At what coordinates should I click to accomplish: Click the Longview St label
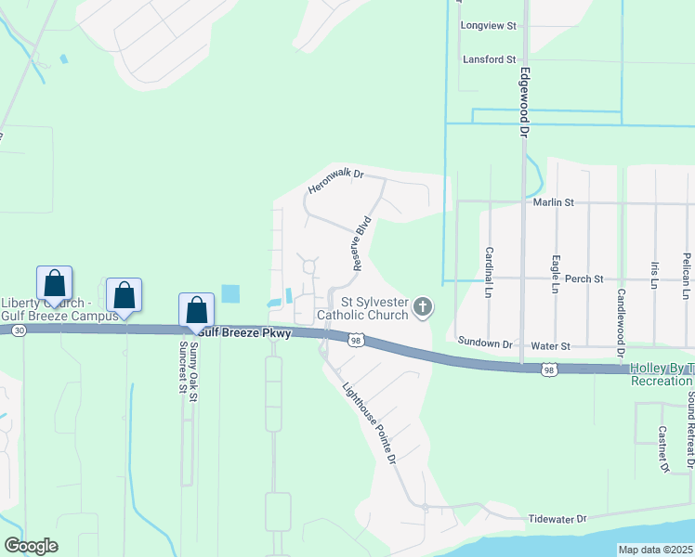point(488,26)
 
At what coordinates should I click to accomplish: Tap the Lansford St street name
point(489,59)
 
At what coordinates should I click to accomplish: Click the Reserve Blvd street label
point(361,243)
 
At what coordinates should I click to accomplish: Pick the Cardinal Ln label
point(488,266)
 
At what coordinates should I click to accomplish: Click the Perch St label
point(585,278)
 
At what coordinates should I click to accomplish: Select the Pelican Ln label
point(686,276)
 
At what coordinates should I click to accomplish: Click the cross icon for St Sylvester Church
point(423,306)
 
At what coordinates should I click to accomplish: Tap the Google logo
point(32,546)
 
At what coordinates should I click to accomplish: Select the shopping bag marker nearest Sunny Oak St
point(196,309)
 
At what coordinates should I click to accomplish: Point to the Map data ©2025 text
point(655,550)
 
